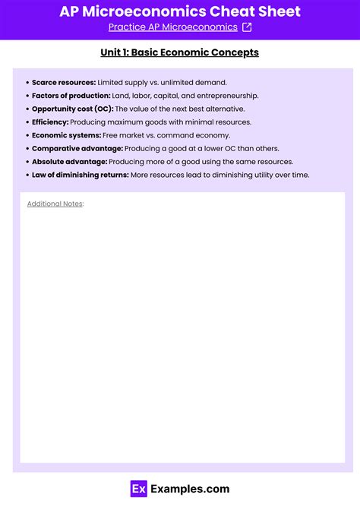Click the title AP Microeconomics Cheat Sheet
180,11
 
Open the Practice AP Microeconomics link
172,27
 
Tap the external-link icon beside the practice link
246,27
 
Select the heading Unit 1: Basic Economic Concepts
180,52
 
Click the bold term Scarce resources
64,82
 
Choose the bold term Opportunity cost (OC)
72,109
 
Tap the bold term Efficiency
50,122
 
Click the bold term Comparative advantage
77,148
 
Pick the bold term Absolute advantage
69,162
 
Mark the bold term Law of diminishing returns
80,175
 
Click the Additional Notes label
55,204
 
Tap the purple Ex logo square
138,489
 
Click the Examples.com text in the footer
190,489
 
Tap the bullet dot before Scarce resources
27,82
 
